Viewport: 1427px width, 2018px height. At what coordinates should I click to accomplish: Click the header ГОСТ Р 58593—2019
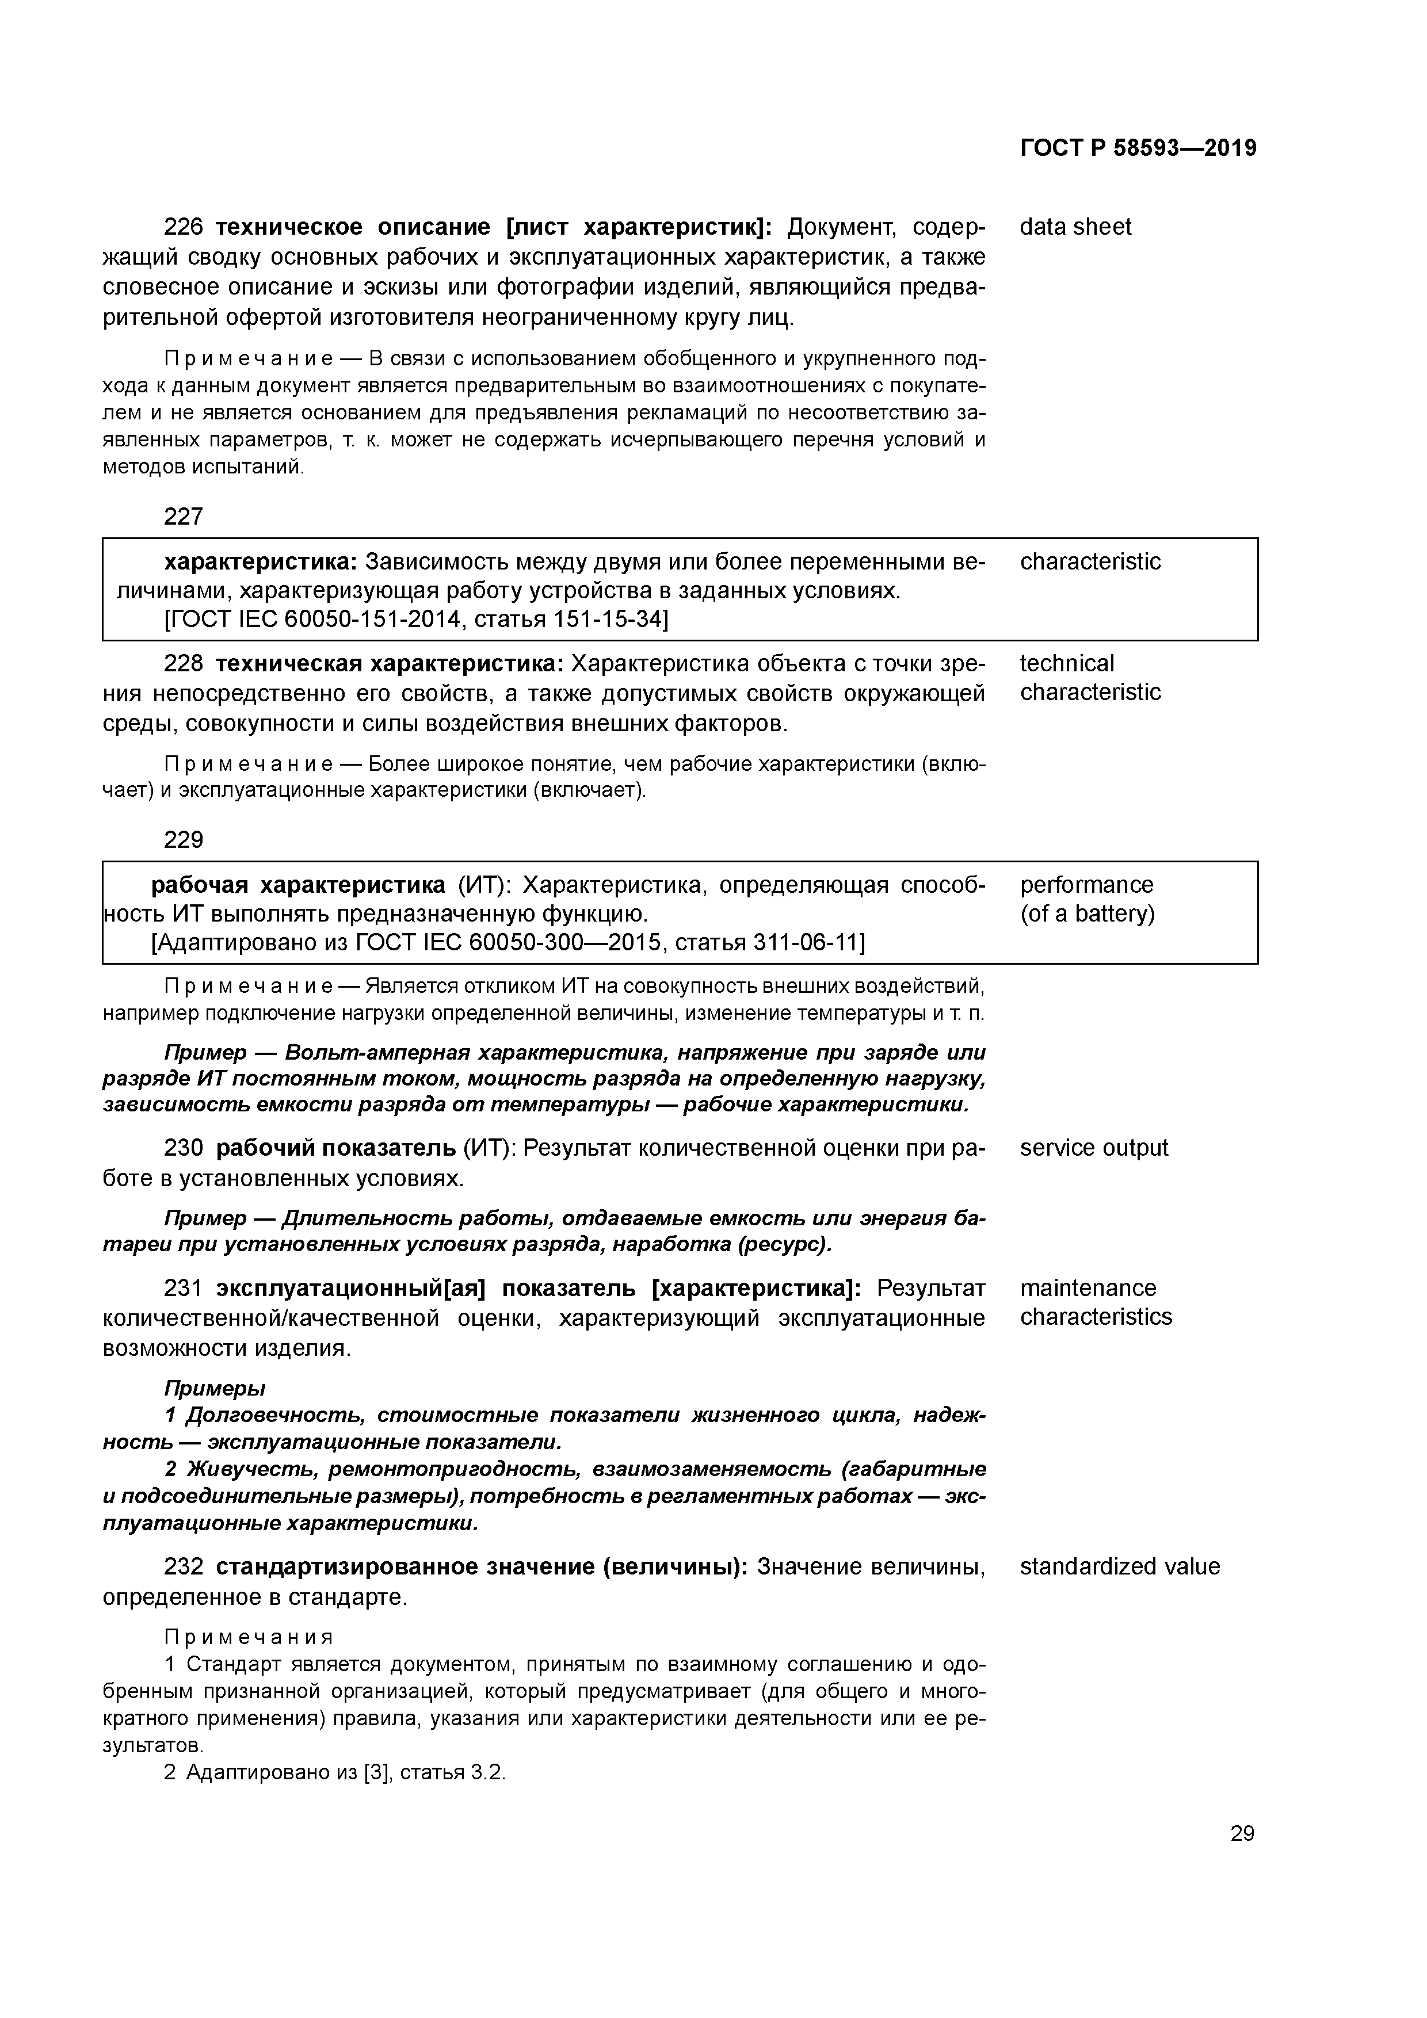click(1138, 148)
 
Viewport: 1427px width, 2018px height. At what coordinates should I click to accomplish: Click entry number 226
click(183, 228)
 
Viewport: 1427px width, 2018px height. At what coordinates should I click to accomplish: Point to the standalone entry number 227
click(183, 517)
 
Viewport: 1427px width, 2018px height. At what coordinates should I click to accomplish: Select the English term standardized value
click(1119, 1566)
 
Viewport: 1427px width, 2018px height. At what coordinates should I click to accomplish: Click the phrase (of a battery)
click(1088, 914)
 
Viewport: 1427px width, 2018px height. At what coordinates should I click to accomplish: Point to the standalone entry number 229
click(183, 840)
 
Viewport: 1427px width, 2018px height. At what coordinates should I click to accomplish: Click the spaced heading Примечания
click(249, 1637)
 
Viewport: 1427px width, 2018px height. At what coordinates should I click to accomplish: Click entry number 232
click(183, 1567)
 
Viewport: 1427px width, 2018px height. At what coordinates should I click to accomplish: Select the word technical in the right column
click(1067, 664)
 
